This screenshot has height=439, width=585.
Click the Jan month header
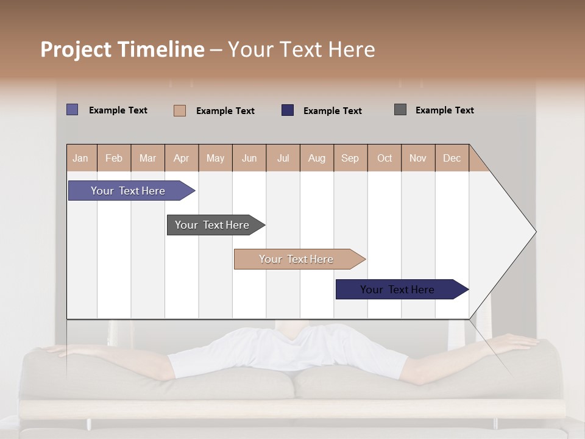click(x=81, y=158)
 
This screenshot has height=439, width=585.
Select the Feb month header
click(x=114, y=158)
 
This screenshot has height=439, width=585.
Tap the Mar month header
click(x=147, y=158)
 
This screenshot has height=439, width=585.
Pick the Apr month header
click(x=182, y=158)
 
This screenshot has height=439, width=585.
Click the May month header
click(x=215, y=158)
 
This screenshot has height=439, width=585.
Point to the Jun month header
click(x=249, y=158)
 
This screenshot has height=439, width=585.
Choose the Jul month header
click(x=283, y=158)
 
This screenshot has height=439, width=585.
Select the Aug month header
click(x=317, y=158)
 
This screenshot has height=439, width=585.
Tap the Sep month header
click(x=350, y=158)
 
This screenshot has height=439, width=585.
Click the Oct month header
click(x=385, y=158)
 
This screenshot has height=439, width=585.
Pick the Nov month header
click(x=418, y=158)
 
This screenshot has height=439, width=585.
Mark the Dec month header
click(x=452, y=158)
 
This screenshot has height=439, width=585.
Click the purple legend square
click(x=73, y=110)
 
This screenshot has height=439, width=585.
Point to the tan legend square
click(x=180, y=110)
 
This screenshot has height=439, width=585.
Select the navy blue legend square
click(x=288, y=110)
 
